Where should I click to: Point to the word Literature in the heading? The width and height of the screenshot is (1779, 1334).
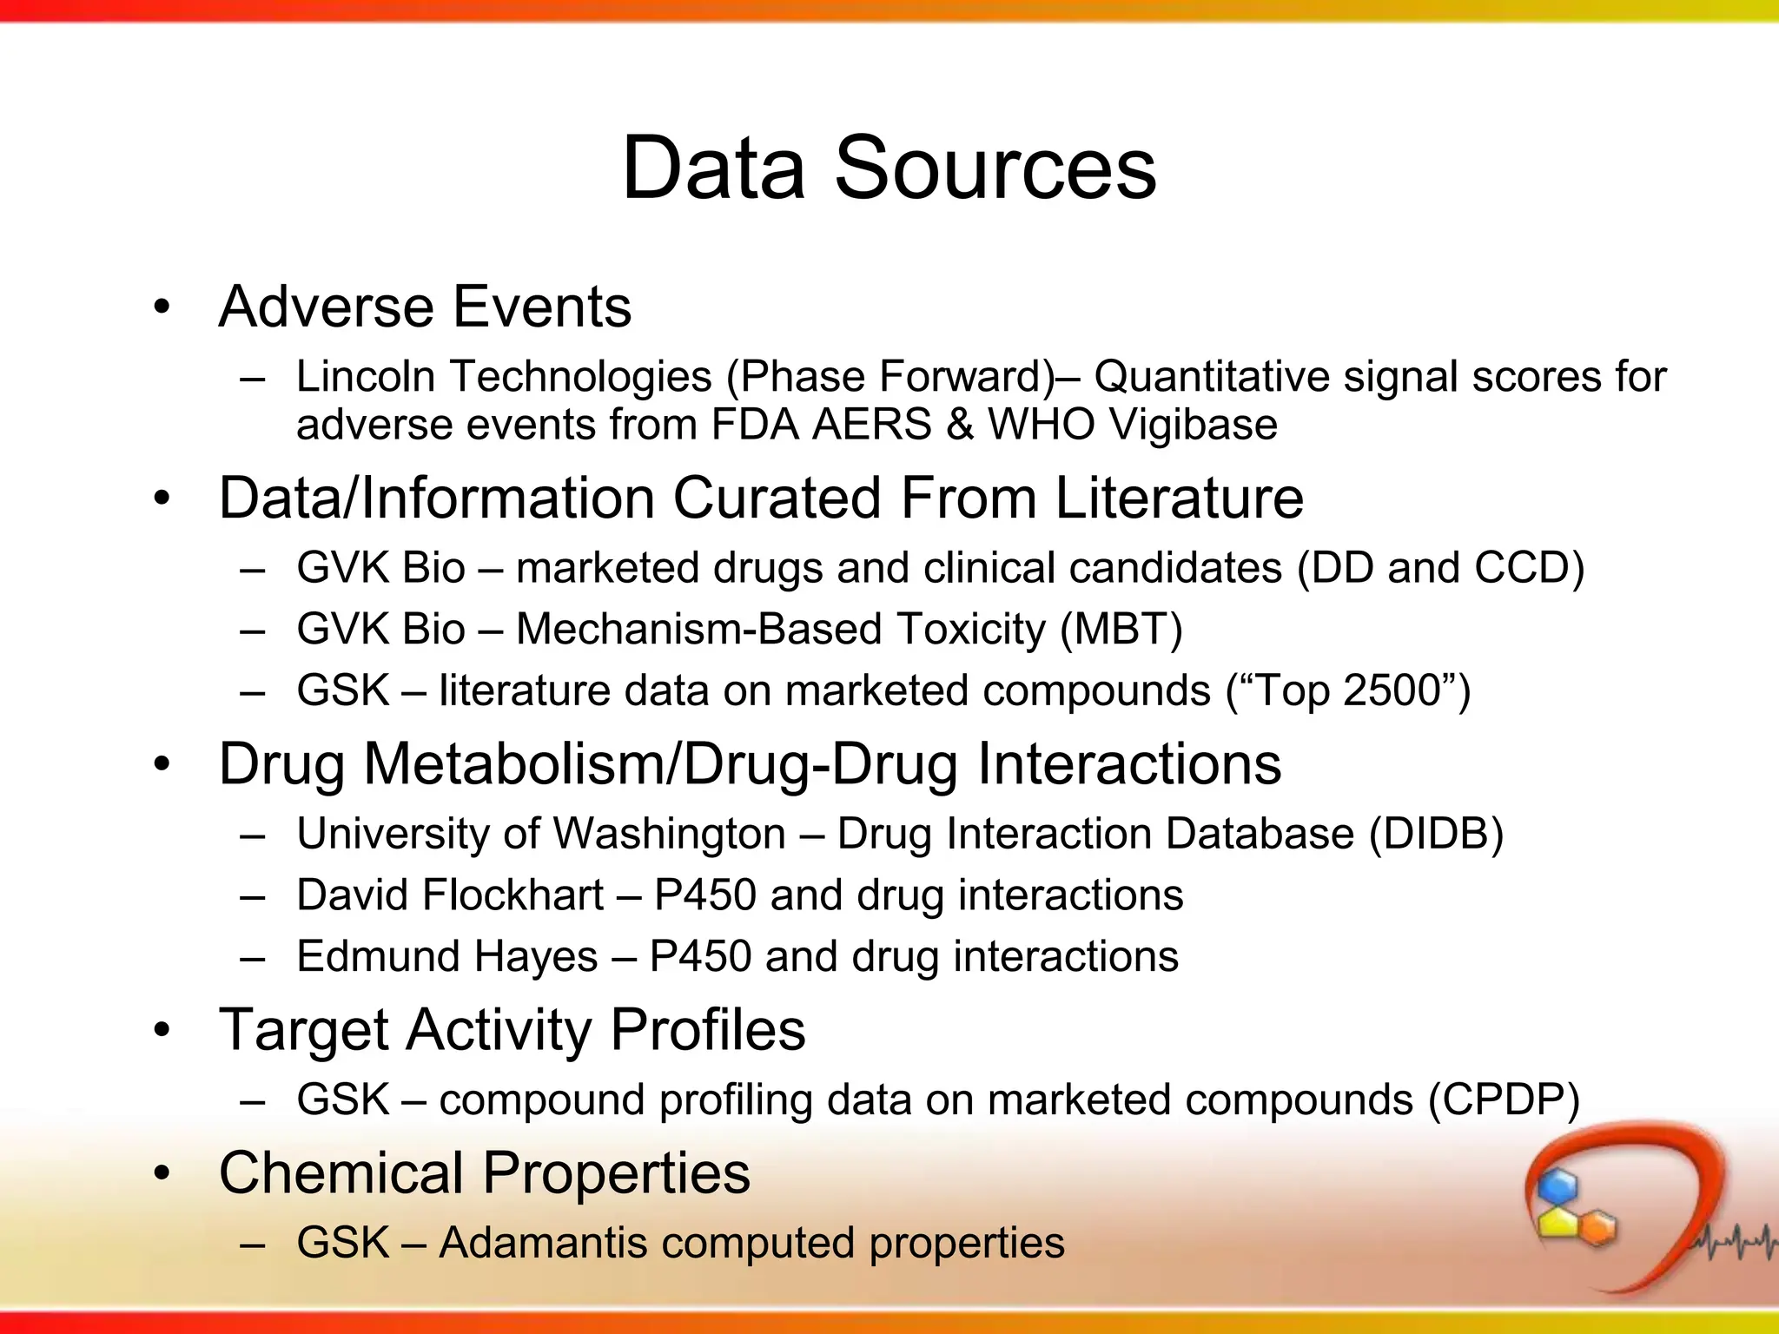coord(1179,499)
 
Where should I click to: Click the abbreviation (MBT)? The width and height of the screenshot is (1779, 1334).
coord(1121,630)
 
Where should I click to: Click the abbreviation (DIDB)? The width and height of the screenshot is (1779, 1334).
coord(1436,834)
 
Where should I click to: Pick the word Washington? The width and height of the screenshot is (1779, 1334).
coord(669,834)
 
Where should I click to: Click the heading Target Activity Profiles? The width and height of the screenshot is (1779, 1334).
coord(512,1030)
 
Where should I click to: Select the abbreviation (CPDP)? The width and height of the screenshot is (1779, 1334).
coord(1504,1100)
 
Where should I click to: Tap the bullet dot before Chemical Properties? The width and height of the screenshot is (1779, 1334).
coord(162,1174)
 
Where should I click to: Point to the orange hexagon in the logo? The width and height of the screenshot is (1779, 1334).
coord(1597,1228)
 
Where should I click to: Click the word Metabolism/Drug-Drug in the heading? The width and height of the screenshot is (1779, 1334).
coord(660,764)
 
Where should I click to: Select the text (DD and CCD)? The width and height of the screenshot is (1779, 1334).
coord(1440,568)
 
